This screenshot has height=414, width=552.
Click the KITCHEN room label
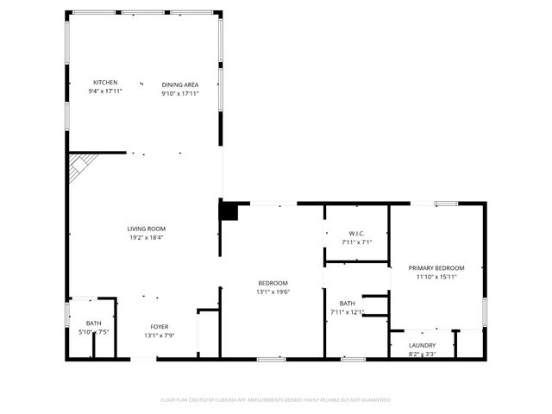tap(105, 83)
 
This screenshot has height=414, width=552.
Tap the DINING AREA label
tap(180, 85)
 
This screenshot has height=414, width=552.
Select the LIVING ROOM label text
tap(146, 229)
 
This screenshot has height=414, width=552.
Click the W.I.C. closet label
tap(357, 234)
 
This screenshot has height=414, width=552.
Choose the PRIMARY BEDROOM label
tap(436, 267)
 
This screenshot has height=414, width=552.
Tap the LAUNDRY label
tap(422, 345)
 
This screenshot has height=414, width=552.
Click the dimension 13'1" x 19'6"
tap(273, 292)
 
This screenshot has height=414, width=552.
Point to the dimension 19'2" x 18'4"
tap(146, 237)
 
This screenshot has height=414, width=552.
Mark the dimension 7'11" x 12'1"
tap(348, 311)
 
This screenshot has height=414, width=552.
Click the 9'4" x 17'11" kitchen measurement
tap(105, 91)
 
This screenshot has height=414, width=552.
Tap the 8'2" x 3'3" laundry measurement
tap(422, 353)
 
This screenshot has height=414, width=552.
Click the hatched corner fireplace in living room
tap(83, 166)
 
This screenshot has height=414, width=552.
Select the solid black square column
tap(229, 210)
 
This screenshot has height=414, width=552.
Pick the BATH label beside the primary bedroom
tap(348, 303)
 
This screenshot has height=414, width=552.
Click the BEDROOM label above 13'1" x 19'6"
tap(273, 283)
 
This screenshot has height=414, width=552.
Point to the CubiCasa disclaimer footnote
tap(276, 399)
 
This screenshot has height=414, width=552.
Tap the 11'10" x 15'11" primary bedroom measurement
tap(436, 277)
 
